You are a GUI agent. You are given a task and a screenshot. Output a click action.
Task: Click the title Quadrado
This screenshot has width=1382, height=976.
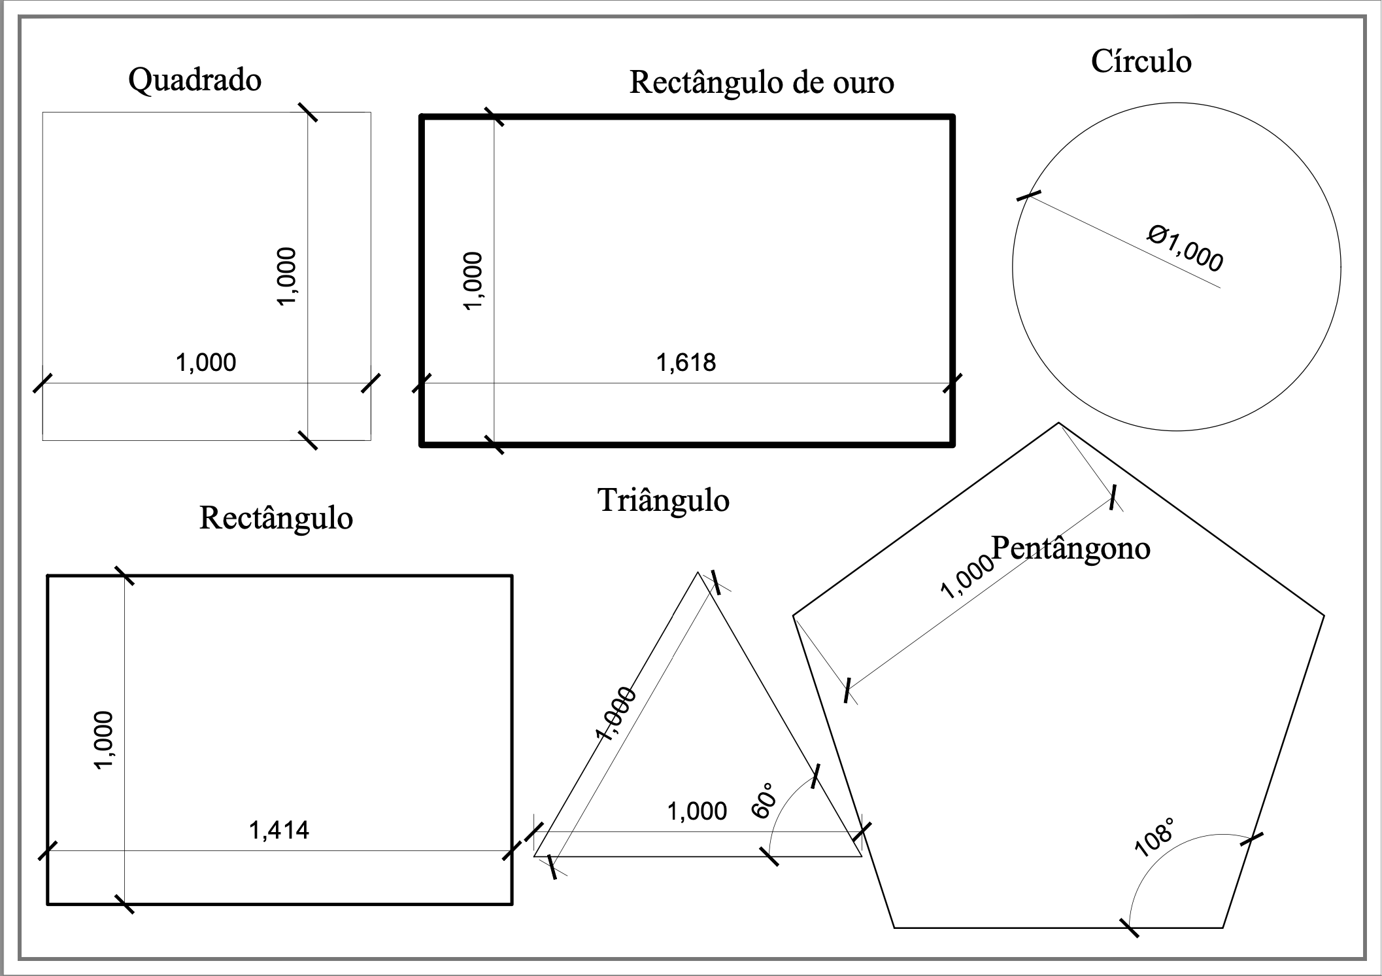[x=195, y=80]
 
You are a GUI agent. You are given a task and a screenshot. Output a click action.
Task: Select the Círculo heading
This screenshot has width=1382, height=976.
[x=1141, y=61]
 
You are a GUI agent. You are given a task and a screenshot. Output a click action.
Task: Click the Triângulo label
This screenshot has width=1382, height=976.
[x=663, y=501]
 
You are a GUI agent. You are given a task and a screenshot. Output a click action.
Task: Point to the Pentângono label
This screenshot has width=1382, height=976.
[x=1071, y=548]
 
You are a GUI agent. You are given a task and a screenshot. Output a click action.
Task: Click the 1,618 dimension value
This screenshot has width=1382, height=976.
[x=686, y=362]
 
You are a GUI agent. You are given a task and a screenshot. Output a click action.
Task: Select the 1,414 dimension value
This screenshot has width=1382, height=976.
[x=279, y=830]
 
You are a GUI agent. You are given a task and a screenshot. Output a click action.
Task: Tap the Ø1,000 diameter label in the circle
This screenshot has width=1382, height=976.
[x=1185, y=248]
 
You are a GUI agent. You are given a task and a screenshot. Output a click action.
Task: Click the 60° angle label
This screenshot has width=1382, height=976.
[x=764, y=800]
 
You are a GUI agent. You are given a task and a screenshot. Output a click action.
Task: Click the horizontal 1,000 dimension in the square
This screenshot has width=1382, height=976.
[x=206, y=362]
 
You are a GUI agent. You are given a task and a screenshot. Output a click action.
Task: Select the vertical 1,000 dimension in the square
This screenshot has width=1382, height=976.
[x=287, y=275]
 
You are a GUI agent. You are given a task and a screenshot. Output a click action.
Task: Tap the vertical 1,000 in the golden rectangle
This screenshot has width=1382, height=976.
[x=473, y=281]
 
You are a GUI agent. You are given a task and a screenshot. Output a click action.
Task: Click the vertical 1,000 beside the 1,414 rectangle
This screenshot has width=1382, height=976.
[x=104, y=740]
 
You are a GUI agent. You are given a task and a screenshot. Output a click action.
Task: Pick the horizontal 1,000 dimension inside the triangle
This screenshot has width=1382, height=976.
[x=697, y=812]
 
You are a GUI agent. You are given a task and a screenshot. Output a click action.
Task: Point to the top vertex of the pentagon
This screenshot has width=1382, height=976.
[x=1058, y=423]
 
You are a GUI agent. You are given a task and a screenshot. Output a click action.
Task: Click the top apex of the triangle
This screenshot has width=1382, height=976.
[x=698, y=572]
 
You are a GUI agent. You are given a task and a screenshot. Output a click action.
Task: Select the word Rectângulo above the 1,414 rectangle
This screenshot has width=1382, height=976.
[x=276, y=518]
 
